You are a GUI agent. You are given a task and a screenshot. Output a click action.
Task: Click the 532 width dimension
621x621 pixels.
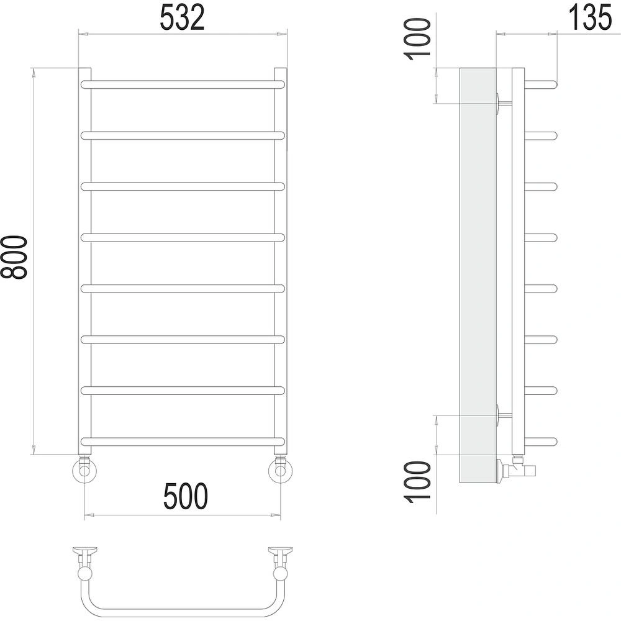[182, 18]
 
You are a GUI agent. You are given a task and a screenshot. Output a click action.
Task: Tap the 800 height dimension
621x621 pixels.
[14, 258]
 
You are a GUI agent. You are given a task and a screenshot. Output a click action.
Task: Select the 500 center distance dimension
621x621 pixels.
[185, 496]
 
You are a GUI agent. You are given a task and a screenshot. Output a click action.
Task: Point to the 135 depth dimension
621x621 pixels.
[590, 18]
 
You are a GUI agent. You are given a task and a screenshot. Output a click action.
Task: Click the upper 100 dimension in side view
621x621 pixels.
[417, 39]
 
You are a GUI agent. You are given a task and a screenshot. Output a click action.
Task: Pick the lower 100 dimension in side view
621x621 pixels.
[417, 482]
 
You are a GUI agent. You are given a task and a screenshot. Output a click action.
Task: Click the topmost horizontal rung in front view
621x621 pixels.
[183, 84]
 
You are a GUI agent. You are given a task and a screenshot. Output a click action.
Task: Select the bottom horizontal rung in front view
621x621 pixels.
[183, 442]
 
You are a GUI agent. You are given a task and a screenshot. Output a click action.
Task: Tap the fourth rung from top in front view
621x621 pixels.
[183, 238]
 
